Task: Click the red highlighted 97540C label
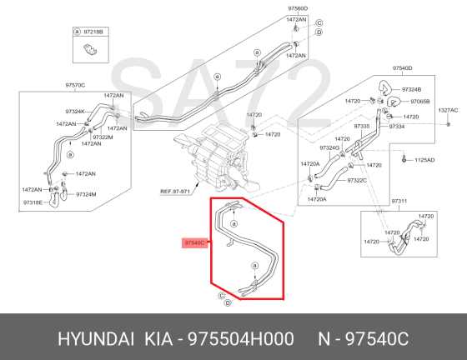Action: click(193, 242)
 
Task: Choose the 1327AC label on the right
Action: click(449, 110)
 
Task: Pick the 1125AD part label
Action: click(424, 159)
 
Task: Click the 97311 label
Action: click(399, 202)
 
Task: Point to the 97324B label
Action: click(411, 89)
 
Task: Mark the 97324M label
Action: click(87, 194)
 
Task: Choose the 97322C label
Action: click(358, 180)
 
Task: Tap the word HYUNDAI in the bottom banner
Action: click(95, 339)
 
